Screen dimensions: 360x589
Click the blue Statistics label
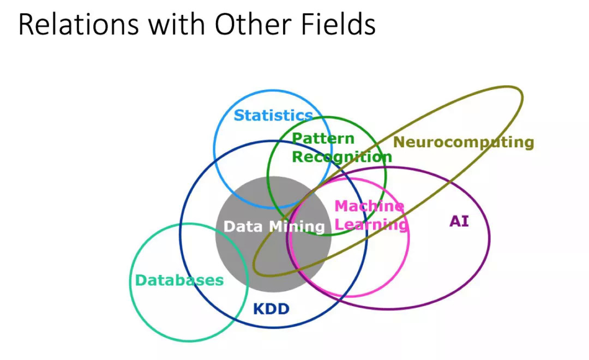[273, 116]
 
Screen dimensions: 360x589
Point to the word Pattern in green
[323, 139]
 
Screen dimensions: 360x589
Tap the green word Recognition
[341, 157]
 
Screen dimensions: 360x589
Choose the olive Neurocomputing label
[464, 142]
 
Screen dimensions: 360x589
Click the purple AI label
[459, 221]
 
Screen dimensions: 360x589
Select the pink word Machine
[369, 206]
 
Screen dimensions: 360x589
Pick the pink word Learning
[371, 225]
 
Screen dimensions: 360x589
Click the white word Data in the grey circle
[243, 226]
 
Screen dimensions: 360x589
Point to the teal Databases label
[179, 280]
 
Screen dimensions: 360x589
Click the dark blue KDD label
[271, 310]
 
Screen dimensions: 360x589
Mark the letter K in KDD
[259, 310]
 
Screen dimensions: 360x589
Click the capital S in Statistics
[239, 116]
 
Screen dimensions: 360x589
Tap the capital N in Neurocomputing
[399, 142]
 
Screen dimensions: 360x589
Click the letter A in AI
[455, 221]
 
